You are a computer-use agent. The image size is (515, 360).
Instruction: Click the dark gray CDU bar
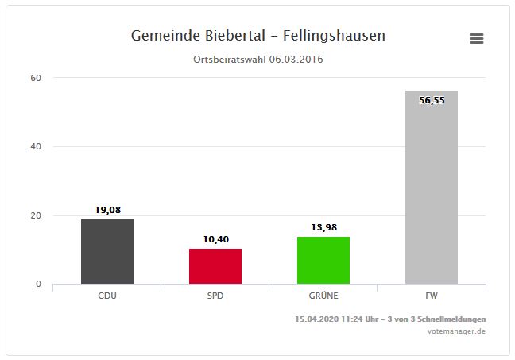coord(107,251)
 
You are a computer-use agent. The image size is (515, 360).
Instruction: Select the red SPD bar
coord(215,266)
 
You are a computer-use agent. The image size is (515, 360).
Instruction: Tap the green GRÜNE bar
coord(323,260)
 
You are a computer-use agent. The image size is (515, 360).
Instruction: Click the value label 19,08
coord(107,210)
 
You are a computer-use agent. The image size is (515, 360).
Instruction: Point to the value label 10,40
coord(215,239)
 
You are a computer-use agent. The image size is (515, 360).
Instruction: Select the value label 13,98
coord(323,227)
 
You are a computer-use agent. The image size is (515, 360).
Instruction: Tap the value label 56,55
coord(432,101)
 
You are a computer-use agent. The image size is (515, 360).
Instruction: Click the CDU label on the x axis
coord(107,296)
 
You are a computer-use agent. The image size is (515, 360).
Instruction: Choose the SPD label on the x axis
coord(215,296)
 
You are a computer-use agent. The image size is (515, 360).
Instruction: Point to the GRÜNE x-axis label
coord(323,296)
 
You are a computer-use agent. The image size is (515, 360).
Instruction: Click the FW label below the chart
coord(432,296)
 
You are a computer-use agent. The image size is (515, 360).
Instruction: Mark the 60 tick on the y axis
coord(37,78)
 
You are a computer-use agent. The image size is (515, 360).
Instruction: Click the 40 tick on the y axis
coord(37,146)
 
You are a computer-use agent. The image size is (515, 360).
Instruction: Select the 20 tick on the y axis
coord(37,215)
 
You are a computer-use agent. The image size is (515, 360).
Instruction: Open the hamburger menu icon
coord(477,39)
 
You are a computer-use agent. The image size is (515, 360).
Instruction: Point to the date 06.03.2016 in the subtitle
coord(296,60)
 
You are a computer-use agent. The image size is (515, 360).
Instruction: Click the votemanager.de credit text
coord(456,331)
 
